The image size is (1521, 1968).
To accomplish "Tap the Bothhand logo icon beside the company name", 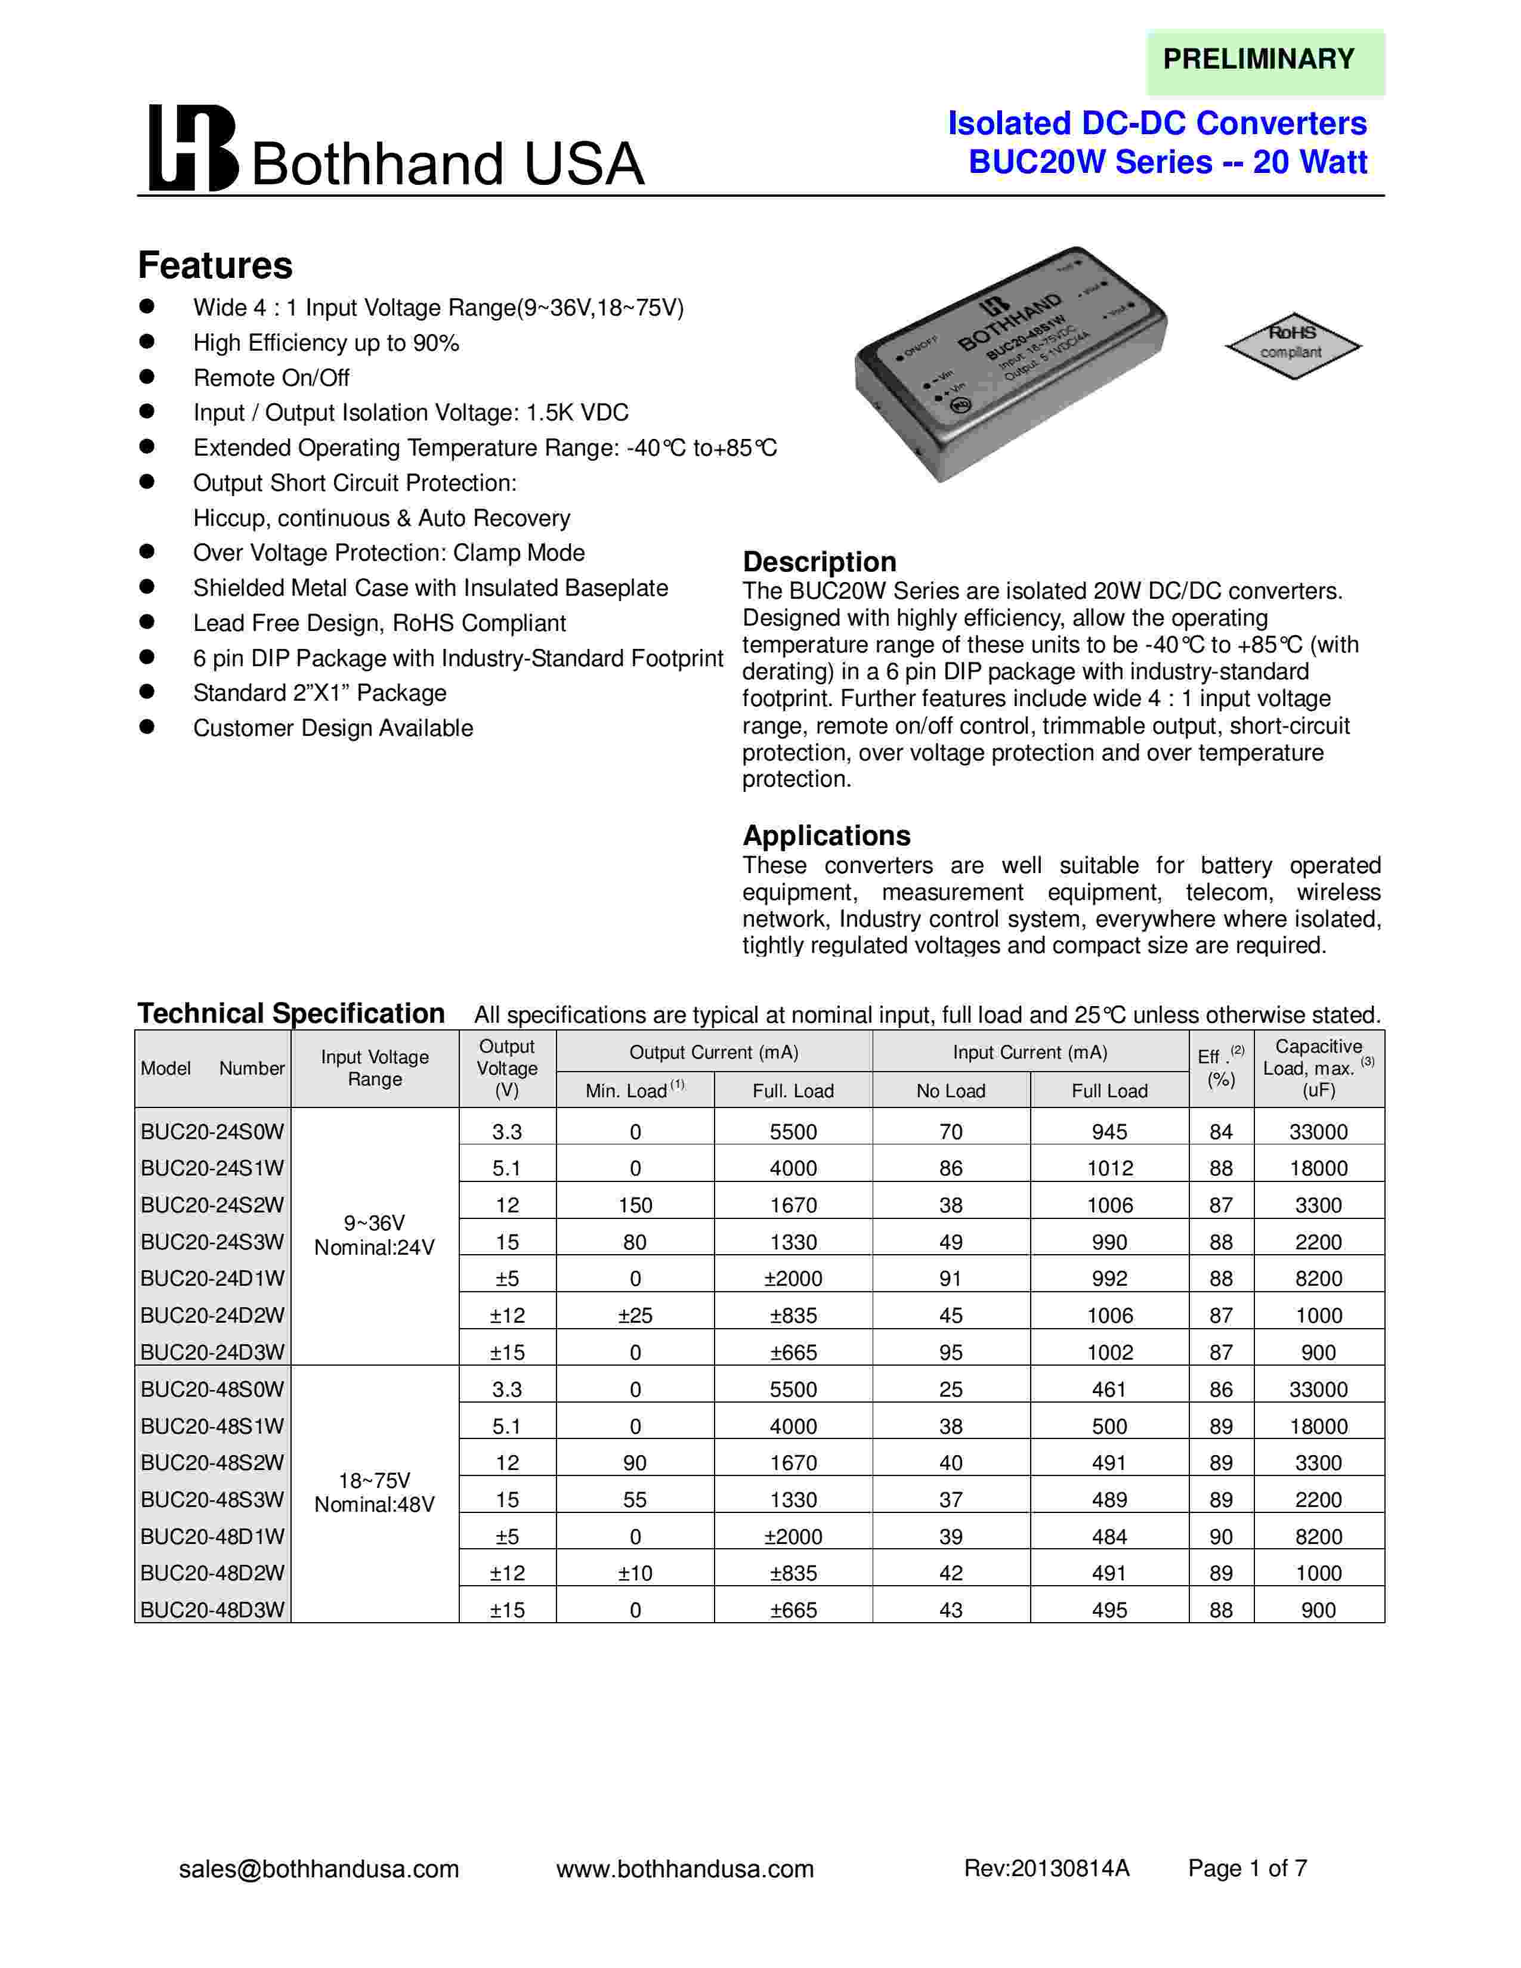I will point(192,148).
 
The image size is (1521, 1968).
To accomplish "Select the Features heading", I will point(215,266).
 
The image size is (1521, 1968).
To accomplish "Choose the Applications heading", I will point(826,836).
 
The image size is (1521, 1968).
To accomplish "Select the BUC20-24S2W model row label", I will point(213,1205).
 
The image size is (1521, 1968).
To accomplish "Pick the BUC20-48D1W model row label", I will point(213,1536).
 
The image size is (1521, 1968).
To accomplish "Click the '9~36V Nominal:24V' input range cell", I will point(374,1236).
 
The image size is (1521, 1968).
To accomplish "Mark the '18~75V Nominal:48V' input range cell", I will point(374,1492).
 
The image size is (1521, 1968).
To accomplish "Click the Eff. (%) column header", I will point(1221,1068).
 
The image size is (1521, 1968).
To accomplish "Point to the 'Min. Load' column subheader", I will point(635,1090).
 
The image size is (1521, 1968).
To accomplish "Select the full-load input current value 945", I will point(1109,1132).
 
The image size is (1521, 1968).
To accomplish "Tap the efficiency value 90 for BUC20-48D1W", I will point(1221,1536).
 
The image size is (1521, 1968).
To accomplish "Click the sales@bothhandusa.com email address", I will point(319,1869).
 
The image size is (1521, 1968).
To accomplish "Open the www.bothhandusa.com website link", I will point(685,1869).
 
